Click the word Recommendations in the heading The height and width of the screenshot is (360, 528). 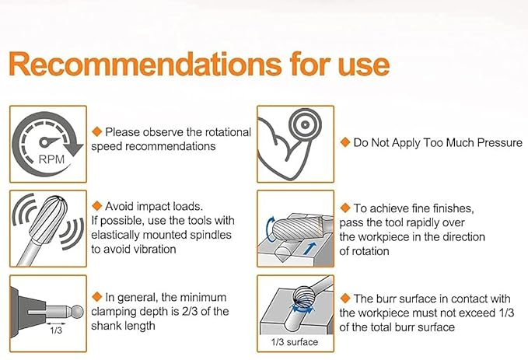tap(145, 64)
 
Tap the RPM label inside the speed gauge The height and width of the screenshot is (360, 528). tap(51, 159)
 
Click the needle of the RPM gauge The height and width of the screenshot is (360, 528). tap(49, 142)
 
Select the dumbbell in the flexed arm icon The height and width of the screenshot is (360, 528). tap(305, 124)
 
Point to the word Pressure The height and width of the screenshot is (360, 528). tap(500, 143)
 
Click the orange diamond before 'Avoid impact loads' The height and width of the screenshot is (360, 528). tap(97, 206)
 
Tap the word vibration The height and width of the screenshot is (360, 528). tap(155, 250)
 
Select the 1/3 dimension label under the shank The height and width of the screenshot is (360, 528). tap(56, 330)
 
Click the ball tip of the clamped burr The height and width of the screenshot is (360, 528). tap(78, 312)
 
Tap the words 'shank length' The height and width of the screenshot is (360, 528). tap(123, 326)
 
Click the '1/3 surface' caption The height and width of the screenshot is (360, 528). tap(295, 342)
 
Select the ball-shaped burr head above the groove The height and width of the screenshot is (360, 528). tap(303, 295)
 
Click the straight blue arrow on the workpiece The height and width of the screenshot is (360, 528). tap(309, 248)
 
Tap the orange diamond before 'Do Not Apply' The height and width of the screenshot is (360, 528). tap(345, 142)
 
